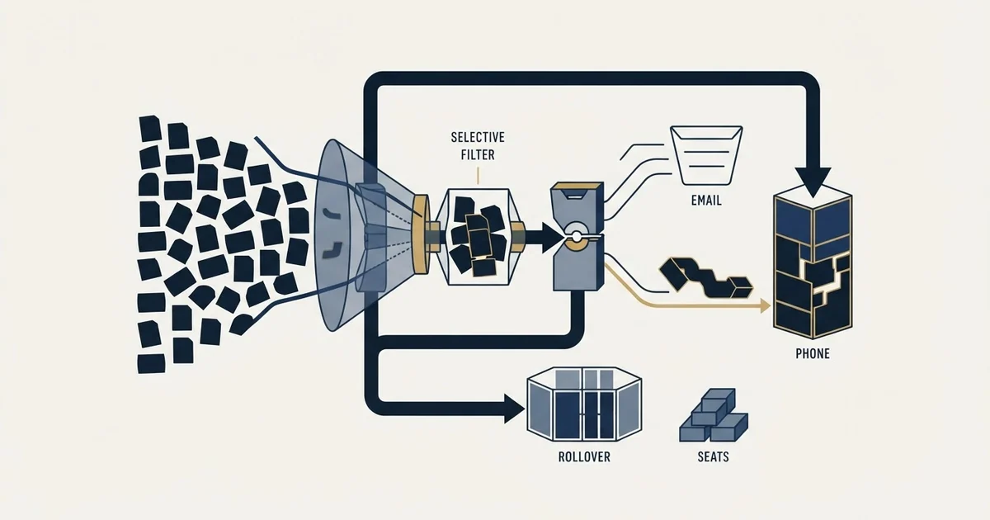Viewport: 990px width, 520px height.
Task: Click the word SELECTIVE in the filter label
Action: [478, 137]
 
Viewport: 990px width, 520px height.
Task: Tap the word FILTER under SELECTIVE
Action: [478, 155]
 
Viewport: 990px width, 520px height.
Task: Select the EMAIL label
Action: [706, 201]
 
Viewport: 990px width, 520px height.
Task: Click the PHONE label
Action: [813, 353]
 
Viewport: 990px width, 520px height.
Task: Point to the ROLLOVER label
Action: [584, 456]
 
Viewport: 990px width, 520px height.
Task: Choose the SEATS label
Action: [713, 456]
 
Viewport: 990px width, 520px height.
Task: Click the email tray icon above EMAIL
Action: [706, 155]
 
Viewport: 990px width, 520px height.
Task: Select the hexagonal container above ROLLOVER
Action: [584, 404]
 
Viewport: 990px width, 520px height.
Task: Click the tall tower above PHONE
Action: [813, 262]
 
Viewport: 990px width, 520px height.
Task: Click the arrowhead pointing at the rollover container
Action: [514, 409]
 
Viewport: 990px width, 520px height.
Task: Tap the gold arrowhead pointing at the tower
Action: [765, 305]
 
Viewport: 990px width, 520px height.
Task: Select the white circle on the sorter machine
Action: [577, 236]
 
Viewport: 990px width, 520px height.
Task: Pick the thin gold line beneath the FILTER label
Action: [478, 175]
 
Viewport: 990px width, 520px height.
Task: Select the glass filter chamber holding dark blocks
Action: [478, 237]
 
